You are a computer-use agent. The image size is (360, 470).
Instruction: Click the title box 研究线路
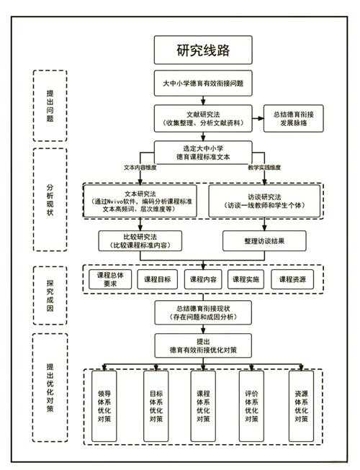(204, 51)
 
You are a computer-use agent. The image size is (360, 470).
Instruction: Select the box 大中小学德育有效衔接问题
(204, 83)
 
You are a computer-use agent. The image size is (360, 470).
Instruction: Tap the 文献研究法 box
(204, 118)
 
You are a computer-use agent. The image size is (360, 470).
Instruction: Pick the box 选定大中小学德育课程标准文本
(204, 152)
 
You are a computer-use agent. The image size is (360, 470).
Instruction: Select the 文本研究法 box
(141, 202)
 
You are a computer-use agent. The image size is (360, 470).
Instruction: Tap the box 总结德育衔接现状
(204, 312)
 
